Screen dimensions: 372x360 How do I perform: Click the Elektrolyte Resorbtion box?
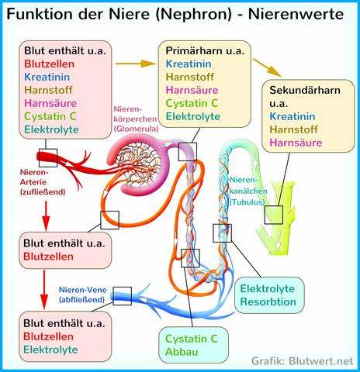click(268, 294)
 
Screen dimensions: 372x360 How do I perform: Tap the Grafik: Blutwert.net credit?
click(305, 360)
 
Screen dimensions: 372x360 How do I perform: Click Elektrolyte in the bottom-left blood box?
click(55, 349)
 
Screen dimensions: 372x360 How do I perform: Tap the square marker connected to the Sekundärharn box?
click(273, 215)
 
